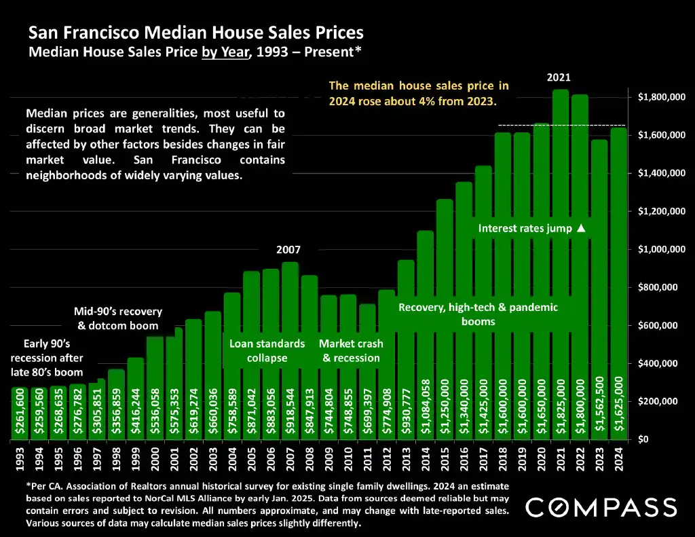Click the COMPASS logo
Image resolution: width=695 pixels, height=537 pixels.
coord(601,507)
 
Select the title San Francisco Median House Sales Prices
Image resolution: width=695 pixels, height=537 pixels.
coord(195,32)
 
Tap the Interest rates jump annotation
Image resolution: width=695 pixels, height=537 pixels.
coord(524,228)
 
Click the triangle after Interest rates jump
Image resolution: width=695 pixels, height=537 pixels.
coord(580,228)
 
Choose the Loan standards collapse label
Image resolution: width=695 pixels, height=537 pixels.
coord(267,350)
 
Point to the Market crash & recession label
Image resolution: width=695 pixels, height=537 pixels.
coord(350,350)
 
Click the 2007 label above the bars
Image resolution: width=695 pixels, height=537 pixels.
coord(288,250)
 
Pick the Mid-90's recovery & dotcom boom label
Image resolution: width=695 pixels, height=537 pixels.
coord(118,318)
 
